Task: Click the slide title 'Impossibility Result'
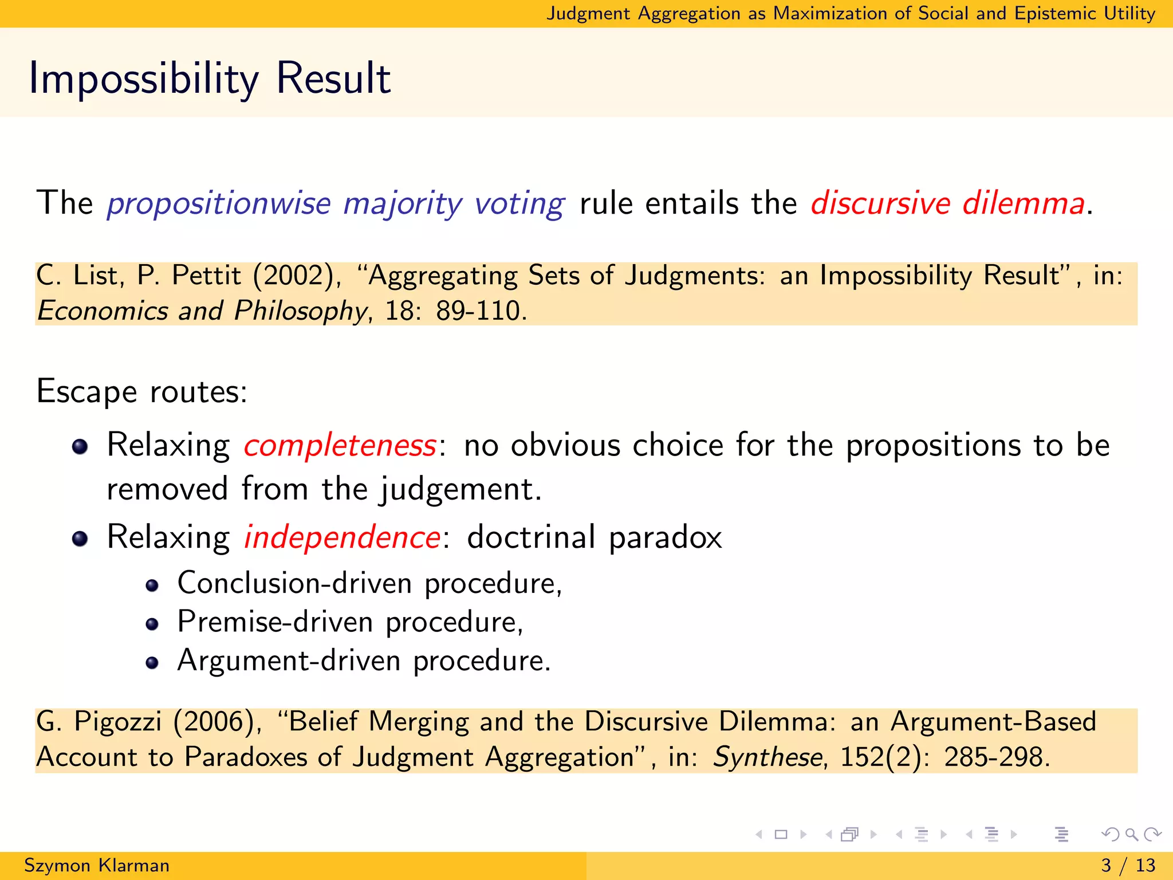[210, 78]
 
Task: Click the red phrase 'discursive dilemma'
[947, 203]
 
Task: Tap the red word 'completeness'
[340, 446]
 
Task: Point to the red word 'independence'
[342, 537]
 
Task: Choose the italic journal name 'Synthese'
[767, 757]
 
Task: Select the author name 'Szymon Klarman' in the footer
[97, 865]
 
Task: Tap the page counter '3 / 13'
[1128, 865]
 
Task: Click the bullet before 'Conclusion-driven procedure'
[152, 585]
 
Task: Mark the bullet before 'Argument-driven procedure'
[152, 663]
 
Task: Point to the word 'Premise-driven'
[275, 622]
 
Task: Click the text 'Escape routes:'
[141, 392]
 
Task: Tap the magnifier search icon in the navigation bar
[1131, 834]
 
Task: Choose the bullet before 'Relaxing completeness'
[80, 446]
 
